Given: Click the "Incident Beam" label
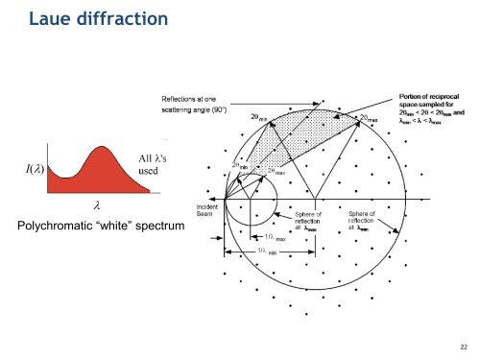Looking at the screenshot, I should [209, 209].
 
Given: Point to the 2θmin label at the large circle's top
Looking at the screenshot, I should [258, 117].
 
